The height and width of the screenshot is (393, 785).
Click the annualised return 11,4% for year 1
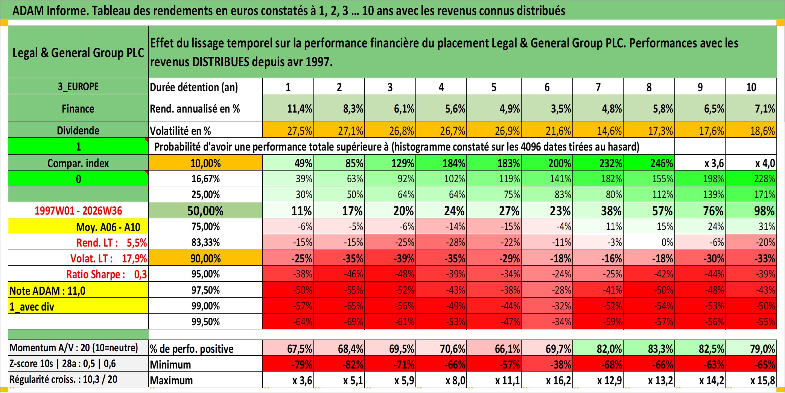point(300,109)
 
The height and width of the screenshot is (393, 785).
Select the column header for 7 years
point(598,87)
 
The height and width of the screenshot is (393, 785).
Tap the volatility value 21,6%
point(558,131)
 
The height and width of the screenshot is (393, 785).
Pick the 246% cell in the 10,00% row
point(662,163)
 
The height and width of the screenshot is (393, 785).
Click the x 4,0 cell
point(765,163)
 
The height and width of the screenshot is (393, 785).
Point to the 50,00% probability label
point(205,211)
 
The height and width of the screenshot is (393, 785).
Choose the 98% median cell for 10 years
point(764,211)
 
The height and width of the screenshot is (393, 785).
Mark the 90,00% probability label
point(205,259)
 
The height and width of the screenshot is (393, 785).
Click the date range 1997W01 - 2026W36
point(78,210)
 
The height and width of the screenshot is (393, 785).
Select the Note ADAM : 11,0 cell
point(47,291)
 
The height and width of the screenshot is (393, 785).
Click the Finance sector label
point(78,109)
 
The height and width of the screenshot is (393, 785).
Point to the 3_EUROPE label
point(78,87)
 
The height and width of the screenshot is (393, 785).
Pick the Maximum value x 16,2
point(558,381)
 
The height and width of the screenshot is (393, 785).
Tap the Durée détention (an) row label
point(194,87)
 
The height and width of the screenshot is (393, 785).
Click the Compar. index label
point(78,163)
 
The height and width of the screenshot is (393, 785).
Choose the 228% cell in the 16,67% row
point(765,179)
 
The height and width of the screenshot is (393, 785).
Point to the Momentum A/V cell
point(74,348)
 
